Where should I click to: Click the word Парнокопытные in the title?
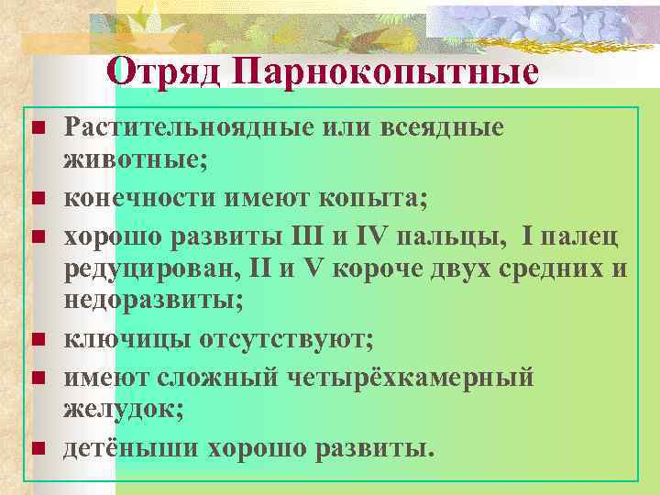tap(385, 71)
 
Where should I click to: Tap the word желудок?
tap(122, 409)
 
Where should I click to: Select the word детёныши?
tap(129, 448)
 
